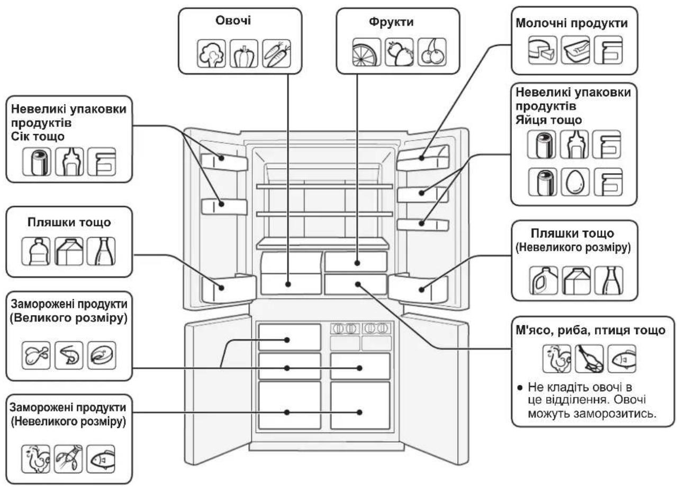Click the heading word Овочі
(233, 21)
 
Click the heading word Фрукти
(391, 22)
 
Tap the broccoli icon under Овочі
(211, 53)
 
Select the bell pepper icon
(244, 53)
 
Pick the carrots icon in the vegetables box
(276, 53)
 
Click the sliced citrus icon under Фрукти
(366, 52)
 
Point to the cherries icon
(432, 52)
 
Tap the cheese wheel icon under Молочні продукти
(543, 50)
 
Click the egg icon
(575, 182)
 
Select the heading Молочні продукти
(572, 23)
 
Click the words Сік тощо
(38, 137)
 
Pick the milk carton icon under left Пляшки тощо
(69, 251)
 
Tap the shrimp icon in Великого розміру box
(69, 355)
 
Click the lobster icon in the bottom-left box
(68, 459)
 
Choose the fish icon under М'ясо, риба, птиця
(622, 359)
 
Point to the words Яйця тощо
(548, 120)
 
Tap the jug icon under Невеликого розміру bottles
(544, 280)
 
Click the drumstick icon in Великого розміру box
(36, 355)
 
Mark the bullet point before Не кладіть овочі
(520, 388)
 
